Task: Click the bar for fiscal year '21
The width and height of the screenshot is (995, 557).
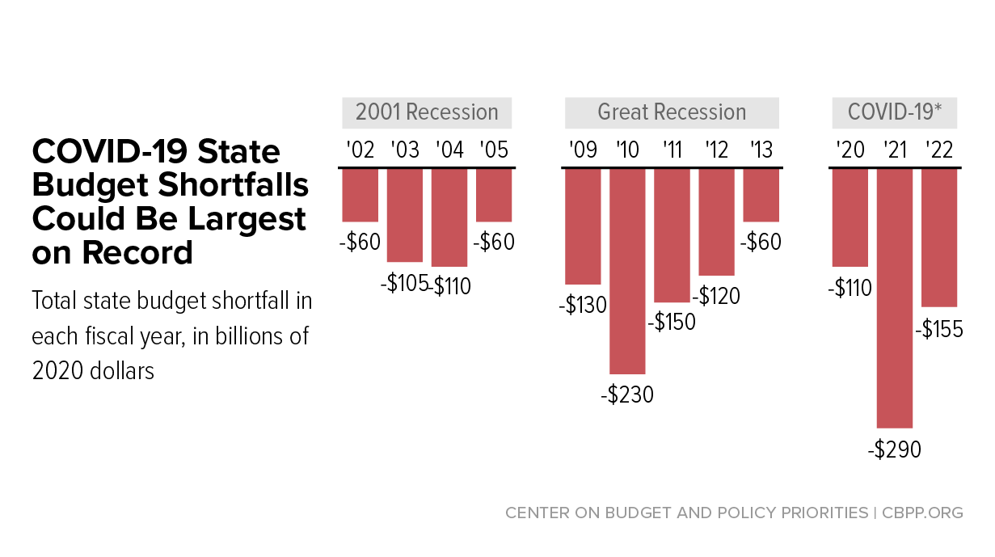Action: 895,297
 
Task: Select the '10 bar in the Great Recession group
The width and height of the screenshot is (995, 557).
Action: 627,271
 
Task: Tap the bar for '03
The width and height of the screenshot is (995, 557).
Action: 405,215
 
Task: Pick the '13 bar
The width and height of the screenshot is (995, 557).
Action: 761,195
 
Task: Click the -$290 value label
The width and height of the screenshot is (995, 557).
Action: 895,449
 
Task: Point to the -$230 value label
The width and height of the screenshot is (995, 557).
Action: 627,395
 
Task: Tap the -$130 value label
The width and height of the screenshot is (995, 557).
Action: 583,306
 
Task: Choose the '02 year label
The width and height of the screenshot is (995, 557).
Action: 360,150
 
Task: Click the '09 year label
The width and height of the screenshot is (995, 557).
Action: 583,150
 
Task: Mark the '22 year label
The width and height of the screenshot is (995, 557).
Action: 939,150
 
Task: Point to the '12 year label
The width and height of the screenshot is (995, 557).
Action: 716,150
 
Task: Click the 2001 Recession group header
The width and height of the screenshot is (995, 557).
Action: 428,112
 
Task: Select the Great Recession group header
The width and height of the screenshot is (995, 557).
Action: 672,112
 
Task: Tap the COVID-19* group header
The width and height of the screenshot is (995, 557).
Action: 895,112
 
